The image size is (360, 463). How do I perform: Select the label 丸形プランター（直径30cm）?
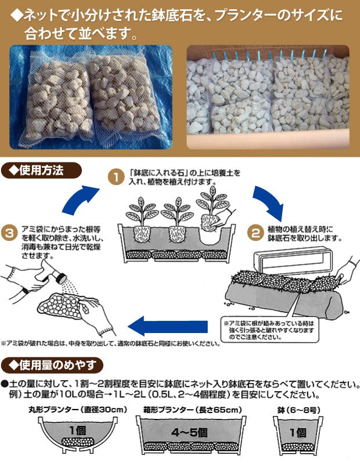77,410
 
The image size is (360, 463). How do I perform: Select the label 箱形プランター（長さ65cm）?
192,410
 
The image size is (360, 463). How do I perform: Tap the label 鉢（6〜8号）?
297,410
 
